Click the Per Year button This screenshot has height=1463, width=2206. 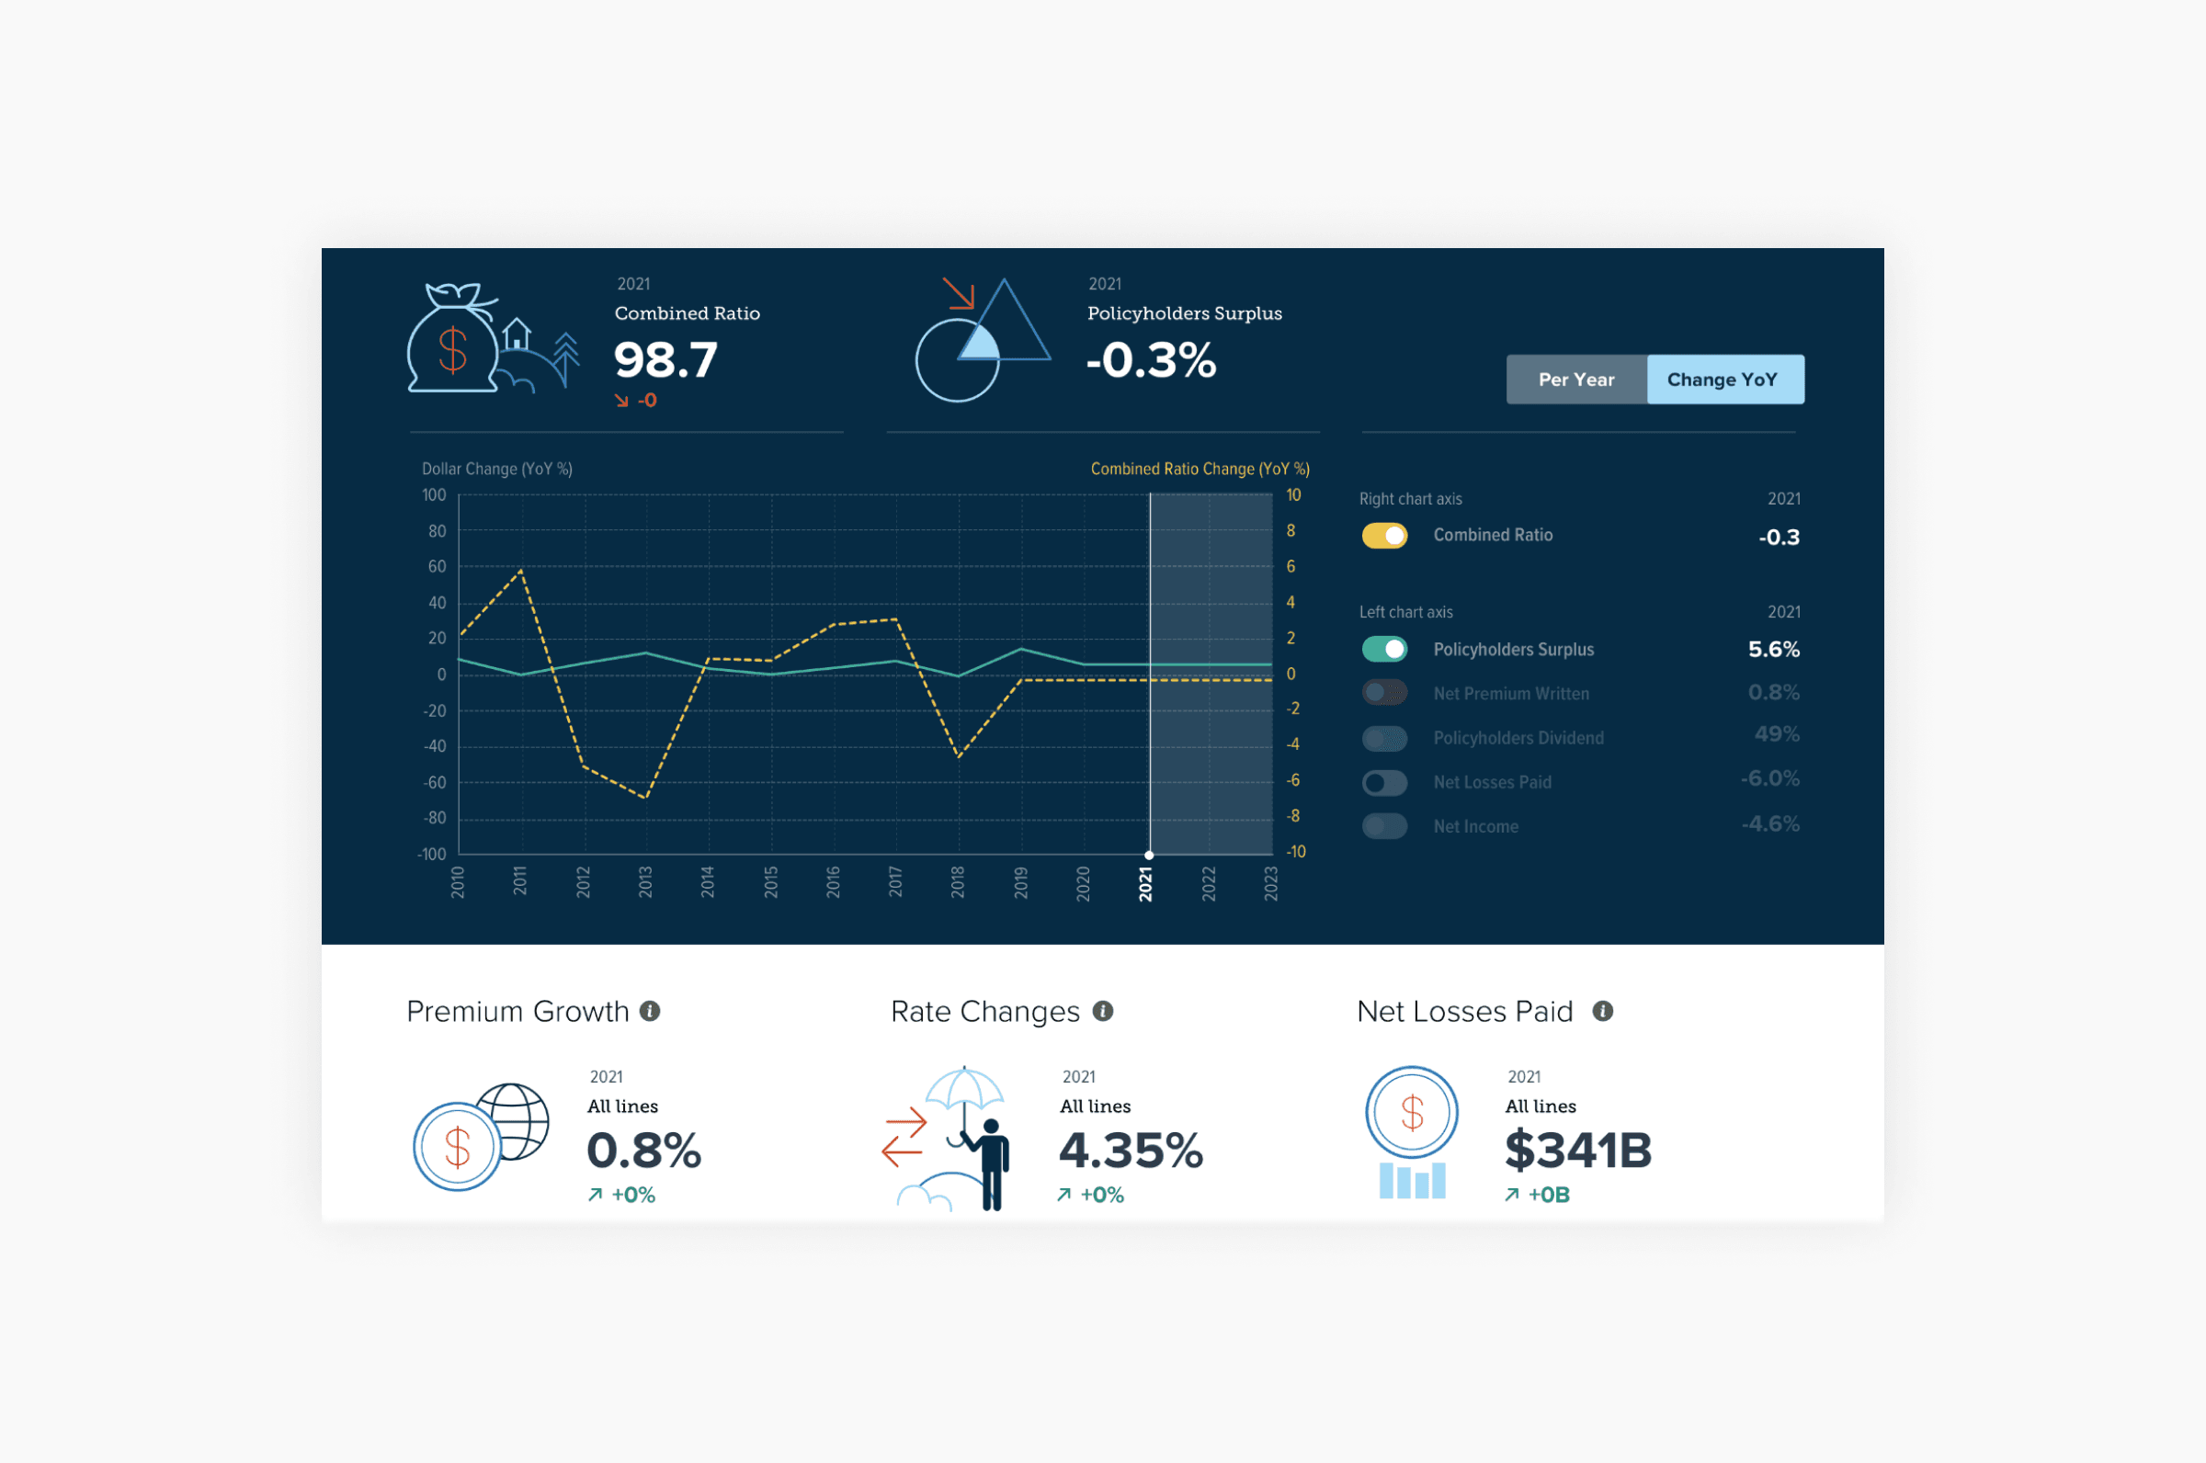(1576, 380)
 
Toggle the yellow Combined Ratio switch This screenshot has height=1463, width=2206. (1384, 536)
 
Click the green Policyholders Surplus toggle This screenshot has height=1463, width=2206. (1384, 649)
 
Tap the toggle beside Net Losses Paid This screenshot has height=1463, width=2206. (1384, 782)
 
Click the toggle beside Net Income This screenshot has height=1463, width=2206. (1384, 826)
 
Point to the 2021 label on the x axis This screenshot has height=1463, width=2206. (1146, 882)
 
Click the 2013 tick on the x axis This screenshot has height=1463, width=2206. (645, 881)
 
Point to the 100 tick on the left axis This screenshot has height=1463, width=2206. (434, 494)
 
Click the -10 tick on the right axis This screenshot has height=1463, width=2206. (1295, 851)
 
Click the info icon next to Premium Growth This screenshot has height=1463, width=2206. (651, 1012)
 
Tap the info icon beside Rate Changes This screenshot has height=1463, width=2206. (1103, 1012)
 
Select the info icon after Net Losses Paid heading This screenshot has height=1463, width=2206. (1602, 1012)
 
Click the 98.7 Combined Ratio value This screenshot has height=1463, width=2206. (665, 360)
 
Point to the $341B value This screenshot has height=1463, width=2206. (1578, 1150)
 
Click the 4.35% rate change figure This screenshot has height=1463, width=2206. (1130, 1150)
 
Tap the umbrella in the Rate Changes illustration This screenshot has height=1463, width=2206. (964, 1087)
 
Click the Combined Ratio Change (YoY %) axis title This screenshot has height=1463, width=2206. (1200, 469)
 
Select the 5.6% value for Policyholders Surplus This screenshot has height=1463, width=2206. (1773, 650)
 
